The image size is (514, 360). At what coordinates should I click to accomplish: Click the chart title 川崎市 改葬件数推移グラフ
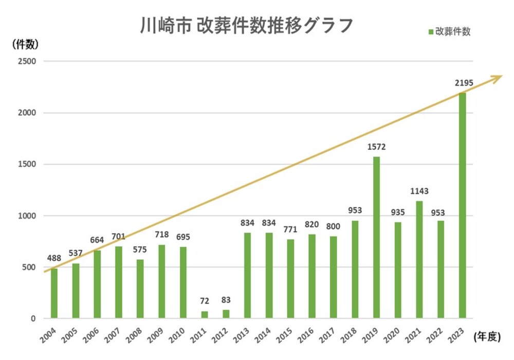pos(247,25)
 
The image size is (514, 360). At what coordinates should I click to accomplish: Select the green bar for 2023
pos(462,206)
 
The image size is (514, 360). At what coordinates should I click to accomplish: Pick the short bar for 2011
pos(204,314)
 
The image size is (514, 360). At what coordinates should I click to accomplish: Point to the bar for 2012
pos(226,314)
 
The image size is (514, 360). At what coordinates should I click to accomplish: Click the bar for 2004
pos(54,293)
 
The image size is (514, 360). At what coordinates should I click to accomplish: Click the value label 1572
pos(376,147)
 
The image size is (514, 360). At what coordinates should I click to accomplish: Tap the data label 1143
pos(419,191)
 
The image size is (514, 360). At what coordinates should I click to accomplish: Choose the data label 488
pos(54,259)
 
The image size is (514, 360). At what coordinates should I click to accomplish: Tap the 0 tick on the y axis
pos(33,319)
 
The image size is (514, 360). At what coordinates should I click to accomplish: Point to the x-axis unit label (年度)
pos(485,337)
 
